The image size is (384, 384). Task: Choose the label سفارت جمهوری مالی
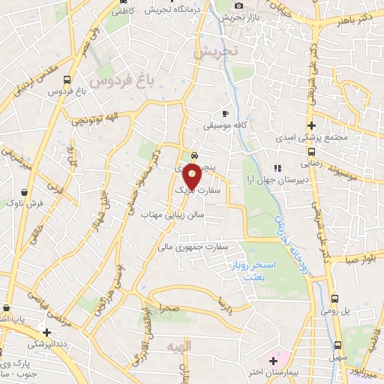[197, 244]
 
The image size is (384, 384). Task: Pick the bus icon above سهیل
[337, 344]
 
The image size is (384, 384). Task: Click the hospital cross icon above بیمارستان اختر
[274, 361]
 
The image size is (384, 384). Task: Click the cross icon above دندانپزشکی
[46, 331]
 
